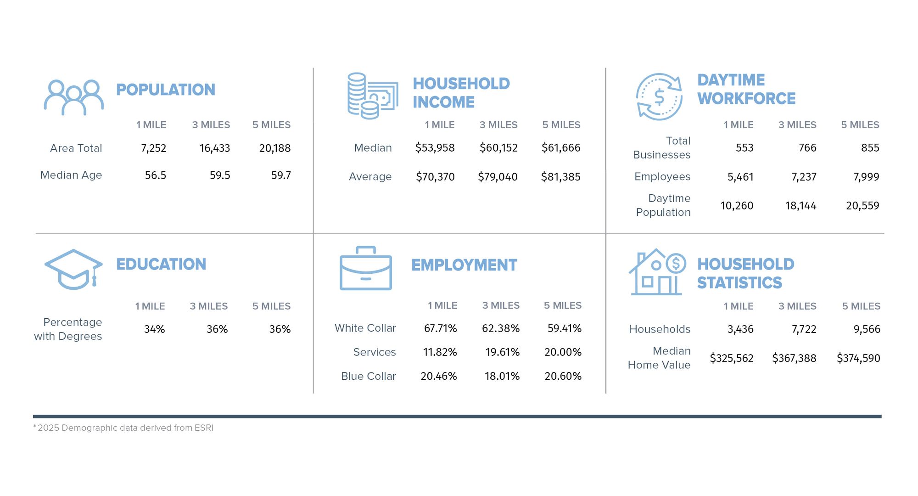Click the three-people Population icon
73,97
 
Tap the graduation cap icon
73,269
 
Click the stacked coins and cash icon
372,96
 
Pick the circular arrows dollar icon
659,97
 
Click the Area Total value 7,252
153,148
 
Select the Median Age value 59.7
281,175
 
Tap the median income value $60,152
498,148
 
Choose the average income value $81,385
560,177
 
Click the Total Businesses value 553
744,148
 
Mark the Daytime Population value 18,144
800,206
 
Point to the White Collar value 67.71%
440,328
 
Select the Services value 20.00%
563,352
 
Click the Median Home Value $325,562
731,358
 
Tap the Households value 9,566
867,329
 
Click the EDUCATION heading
161,264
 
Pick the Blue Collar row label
368,376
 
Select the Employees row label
662,177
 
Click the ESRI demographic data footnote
123,428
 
